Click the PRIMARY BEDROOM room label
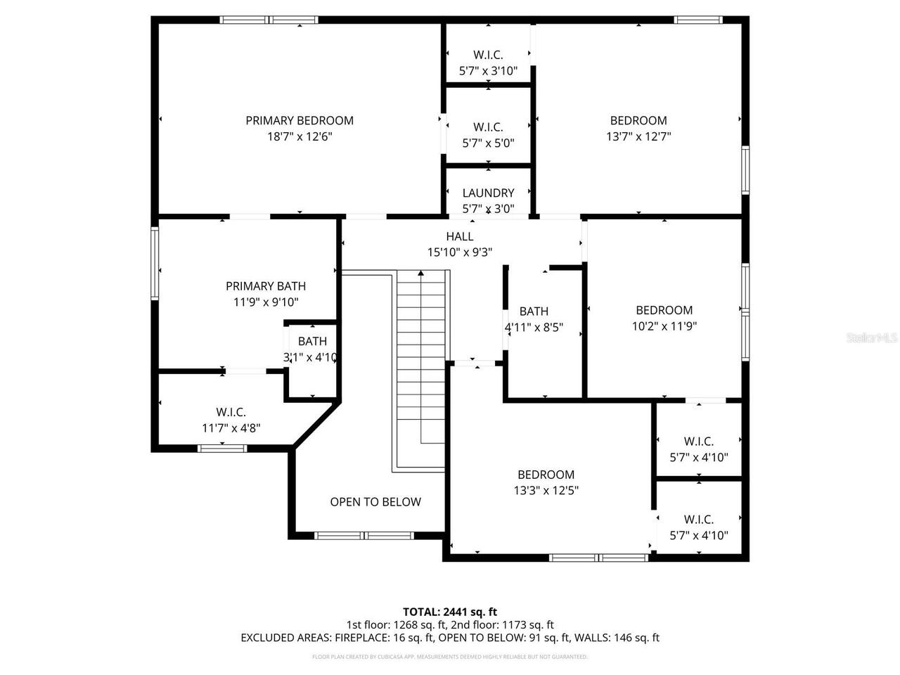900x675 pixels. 300,120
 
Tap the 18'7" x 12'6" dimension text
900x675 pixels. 300,136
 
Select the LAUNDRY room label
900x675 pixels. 488,193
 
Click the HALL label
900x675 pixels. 459,236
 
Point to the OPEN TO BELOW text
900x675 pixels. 375,501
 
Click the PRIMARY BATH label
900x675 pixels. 266,285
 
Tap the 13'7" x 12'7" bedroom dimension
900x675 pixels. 638,136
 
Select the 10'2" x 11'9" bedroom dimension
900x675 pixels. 664,326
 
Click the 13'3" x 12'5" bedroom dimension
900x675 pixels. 546,491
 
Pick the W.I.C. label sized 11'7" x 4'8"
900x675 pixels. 231,412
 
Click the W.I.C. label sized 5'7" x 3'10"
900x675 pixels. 488,55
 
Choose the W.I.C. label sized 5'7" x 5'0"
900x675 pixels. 488,127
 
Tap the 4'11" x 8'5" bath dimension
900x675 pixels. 534,328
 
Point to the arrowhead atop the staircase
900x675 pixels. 420,274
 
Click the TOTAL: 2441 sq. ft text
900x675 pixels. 449,612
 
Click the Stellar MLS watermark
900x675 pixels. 872,338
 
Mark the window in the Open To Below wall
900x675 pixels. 364,536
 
